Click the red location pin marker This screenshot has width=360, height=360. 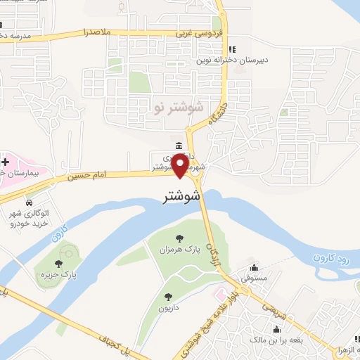pyautogui.click(x=181, y=165)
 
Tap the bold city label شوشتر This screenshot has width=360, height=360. pyautogui.click(x=181, y=197)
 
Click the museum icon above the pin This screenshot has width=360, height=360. pyautogui.click(x=181, y=146)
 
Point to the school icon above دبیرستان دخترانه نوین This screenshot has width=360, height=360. pyautogui.click(x=232, y=50)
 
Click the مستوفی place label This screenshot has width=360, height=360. pyautogui.click(x=254, y=279)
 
